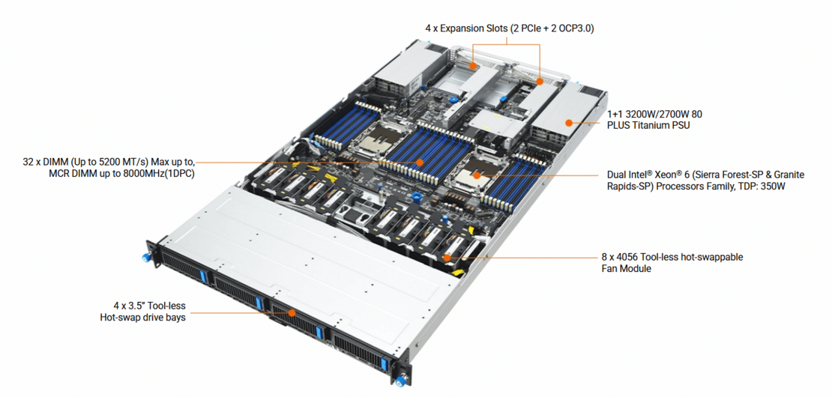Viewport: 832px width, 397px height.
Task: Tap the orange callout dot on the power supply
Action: (x=569, y=121)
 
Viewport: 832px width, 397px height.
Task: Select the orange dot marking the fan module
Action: (x=447, y=257)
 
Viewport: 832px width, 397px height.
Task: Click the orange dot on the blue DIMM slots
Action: (x=420, y=161)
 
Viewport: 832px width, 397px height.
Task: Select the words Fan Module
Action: (x=626, y=268)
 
